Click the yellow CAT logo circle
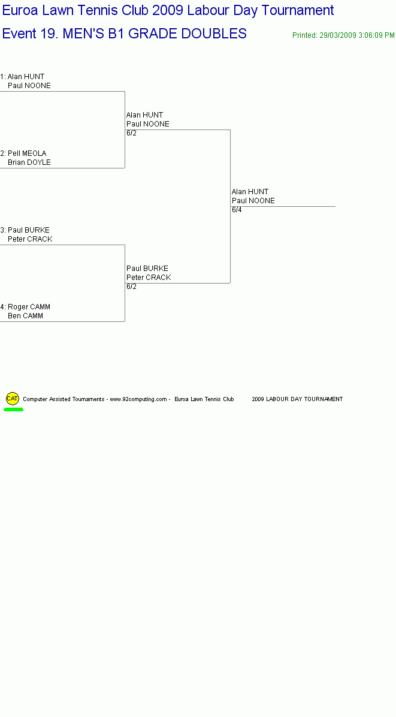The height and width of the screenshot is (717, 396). click(x=13, y=398)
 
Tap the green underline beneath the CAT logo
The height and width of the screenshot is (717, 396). click(x=13, y=409)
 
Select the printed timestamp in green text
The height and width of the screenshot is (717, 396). click(x=343, y=35)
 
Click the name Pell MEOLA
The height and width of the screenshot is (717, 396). click(x=27, y=153)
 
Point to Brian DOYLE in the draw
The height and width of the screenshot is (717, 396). click(x=29, y=162)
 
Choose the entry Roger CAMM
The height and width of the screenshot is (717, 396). click(x=29, y=307)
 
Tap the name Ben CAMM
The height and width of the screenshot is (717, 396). click(x=26, y=316)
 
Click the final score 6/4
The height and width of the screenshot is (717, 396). click(x=237, y=210)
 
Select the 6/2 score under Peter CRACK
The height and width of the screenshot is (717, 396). click(x=132, y=287)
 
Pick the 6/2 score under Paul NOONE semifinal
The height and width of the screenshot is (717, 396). click(x=132, y=133)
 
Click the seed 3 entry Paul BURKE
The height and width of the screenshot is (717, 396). click(x=29, y=230)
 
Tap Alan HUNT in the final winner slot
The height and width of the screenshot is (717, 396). click(x=250, y=192)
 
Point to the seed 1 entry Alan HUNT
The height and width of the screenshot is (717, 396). click(x=26, y=76)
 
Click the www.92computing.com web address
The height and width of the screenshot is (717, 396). click(x=138, y=399)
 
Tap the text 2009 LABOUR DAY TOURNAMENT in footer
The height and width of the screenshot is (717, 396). click(x=297, y=399)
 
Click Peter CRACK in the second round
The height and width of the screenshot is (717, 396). click(x=149, y=278)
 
